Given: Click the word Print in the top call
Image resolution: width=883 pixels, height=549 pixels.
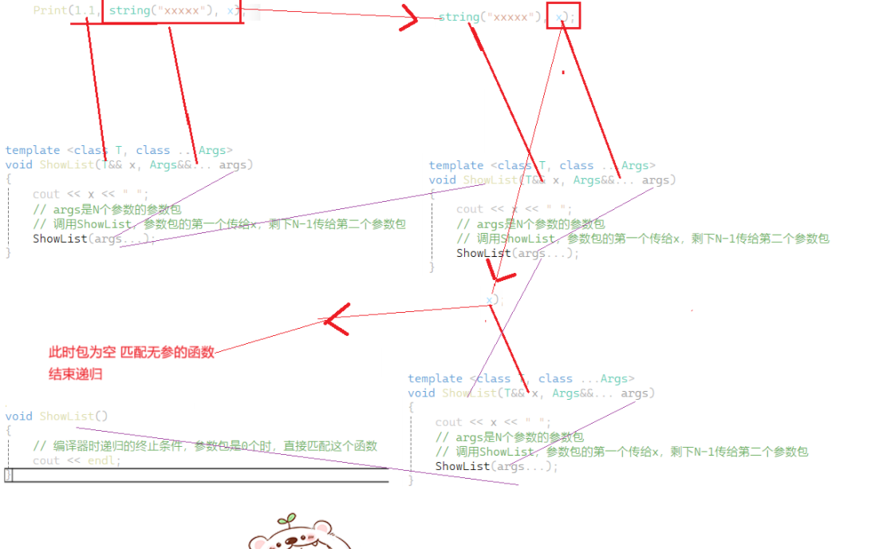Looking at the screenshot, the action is [x=49, y=10].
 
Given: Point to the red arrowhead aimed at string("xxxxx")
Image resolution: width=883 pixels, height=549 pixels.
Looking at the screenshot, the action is [x=411, y=20].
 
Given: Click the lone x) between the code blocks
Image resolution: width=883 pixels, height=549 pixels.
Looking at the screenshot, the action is [x=492, y=299].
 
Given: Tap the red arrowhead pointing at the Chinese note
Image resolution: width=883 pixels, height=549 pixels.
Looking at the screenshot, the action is [x=334, y=319].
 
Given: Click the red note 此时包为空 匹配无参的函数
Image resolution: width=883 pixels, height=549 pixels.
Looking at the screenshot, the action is [x=132, y=352].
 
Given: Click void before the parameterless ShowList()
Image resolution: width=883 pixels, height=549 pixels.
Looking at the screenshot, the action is [x=19, y=416].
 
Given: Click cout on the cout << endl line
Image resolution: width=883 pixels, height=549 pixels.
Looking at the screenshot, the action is [x=46, y=460].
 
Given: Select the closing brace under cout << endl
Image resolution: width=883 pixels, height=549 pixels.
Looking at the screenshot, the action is [x=9, y=475].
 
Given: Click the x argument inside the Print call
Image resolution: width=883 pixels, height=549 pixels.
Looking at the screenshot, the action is [x=231, y=10].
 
